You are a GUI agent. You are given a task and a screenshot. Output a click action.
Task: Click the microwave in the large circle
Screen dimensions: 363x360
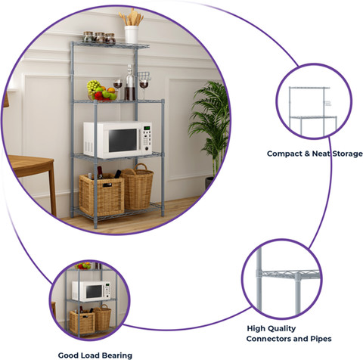[x=118, y=139]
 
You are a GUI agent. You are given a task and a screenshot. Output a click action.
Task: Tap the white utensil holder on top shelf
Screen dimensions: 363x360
[x=132, y=35]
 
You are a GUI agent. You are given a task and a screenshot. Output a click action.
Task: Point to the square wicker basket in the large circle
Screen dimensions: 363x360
[x=102, y=194]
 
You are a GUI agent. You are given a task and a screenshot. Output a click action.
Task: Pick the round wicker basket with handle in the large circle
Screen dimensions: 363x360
[x=138, y=187]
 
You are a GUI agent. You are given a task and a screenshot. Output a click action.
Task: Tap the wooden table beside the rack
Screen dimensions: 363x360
[x=32, y=176]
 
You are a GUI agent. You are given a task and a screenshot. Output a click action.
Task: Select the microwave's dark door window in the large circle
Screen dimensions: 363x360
[x=123, y=140]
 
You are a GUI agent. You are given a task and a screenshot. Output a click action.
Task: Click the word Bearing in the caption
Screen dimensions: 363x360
[x=116, y=355]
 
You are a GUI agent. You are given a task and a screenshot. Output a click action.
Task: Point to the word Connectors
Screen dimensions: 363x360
[x=268, y=339]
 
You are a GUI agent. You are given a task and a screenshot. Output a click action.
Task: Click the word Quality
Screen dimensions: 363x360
[x=282, y=329]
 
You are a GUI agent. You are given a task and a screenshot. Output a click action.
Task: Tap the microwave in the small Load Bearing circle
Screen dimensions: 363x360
[x=92, y=291]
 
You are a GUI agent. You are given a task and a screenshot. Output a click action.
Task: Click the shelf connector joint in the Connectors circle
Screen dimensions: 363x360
[x=298, y=277]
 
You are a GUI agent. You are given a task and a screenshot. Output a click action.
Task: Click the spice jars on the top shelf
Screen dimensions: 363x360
[x=99, y=37]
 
